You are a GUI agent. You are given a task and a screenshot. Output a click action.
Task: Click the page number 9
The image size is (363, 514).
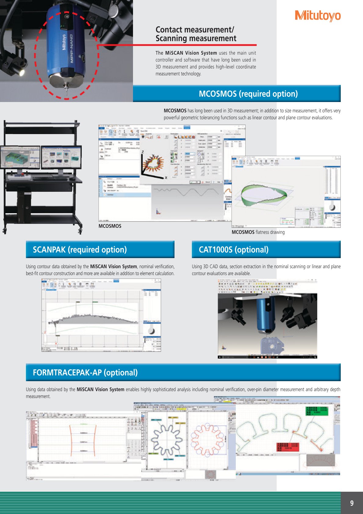point(352,503)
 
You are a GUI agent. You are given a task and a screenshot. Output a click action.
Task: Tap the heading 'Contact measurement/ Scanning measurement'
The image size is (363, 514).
point(196,34)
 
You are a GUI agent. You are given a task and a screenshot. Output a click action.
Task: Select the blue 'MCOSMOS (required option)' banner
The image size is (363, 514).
point(237,94)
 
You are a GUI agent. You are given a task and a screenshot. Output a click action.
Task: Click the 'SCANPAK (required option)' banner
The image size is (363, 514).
point(100,250)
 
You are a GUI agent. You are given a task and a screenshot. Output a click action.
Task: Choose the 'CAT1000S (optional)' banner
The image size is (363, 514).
point(266,250)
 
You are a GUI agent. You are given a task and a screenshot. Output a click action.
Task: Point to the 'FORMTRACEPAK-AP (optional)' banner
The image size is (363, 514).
point(183,372)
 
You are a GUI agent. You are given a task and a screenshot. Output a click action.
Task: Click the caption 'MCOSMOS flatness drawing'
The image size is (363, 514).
point(258,232)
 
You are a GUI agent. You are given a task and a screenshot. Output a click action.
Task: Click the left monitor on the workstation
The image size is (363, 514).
point(20,157)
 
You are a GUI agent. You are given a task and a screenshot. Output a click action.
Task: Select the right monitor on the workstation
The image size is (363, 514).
point(61,157)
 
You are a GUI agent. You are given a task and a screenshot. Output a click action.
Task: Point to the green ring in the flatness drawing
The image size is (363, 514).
point(264,195)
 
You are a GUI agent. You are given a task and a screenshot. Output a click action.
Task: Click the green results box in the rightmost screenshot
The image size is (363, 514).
point(317,411)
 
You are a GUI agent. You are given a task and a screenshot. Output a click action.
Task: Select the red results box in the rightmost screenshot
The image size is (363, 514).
point(287,447)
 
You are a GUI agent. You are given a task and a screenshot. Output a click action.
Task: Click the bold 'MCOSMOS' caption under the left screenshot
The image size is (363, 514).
point(110,226)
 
